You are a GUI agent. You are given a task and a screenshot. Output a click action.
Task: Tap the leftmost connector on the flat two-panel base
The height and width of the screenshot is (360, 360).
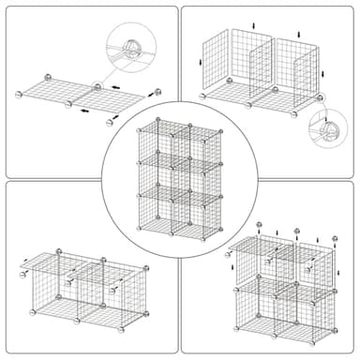click(x=20, y=95)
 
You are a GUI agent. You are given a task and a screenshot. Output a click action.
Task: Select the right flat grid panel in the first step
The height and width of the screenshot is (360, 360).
click(x=116, y=92)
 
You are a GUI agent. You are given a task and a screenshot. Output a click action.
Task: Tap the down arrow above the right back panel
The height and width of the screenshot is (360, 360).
click(x=299, y=35)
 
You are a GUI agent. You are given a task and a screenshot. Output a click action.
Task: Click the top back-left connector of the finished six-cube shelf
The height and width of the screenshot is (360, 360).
click(x=158, y=119)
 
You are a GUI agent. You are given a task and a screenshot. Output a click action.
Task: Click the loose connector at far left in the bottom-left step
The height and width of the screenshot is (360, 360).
click(x=22, y=277)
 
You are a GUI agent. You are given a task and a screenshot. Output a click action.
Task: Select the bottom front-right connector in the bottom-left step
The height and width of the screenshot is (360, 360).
click(x=123, y=329)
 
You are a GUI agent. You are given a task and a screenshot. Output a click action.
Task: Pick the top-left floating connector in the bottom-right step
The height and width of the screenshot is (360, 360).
click(x=259, y=225)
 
